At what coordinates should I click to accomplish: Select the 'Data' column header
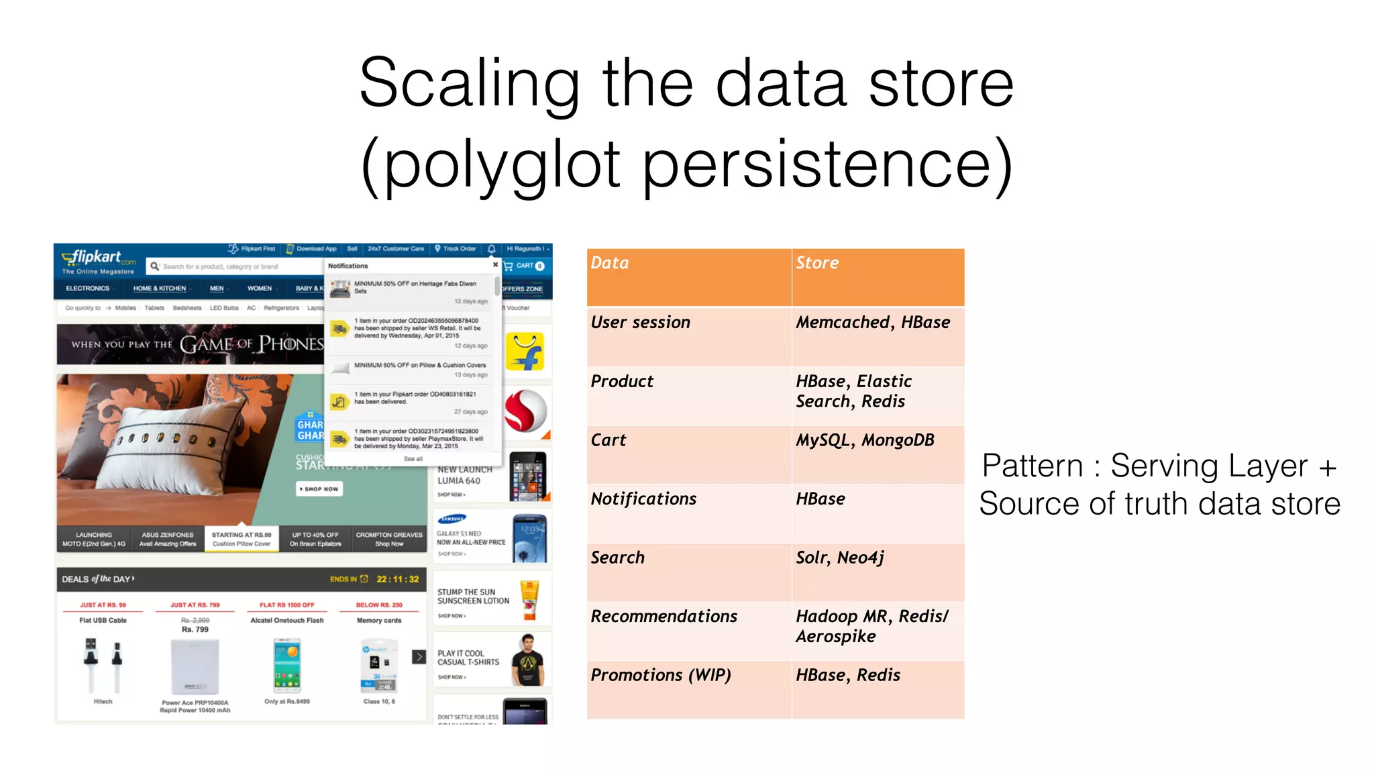coord(610,263)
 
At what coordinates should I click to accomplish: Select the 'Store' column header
coord(817,263)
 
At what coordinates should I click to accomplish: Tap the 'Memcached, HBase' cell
coord(872,323)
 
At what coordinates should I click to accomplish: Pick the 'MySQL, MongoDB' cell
coord(865,440)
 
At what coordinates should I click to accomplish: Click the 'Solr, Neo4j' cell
coord(840,558)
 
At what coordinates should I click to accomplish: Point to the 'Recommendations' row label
coord(664,617)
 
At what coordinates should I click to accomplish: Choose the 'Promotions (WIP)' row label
coord(661,675)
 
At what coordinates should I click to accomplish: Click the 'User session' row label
coord(640,323)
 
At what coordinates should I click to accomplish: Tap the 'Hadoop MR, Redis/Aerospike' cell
coord(871,626)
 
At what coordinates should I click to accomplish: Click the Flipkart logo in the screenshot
coord(98,258)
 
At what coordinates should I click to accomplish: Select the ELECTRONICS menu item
coord(87,289)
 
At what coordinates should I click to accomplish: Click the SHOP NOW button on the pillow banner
coord(319,489)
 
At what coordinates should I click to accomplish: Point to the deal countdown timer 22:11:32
coord(397,579)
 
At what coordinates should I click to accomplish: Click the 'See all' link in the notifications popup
coord(413,459)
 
